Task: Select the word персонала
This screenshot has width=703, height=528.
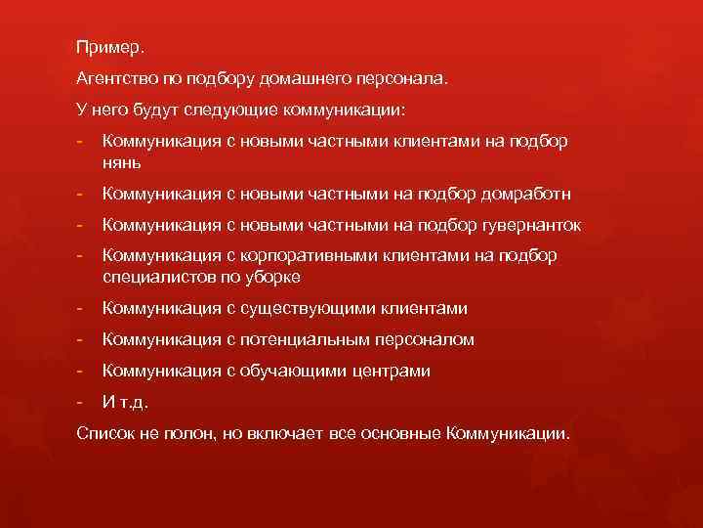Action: tap(401, 78)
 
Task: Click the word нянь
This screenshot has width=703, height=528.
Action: tap(122, 161)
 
